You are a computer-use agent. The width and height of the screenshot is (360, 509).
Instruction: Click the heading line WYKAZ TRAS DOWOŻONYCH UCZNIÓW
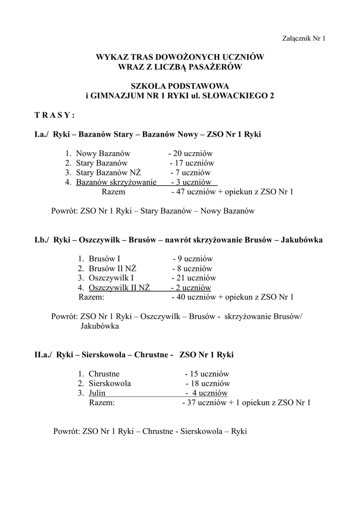[x=180, y=57]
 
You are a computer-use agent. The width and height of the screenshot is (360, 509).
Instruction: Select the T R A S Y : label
[x=55, y=115]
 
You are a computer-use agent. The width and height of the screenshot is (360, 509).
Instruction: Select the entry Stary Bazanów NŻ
[x=108, y=172]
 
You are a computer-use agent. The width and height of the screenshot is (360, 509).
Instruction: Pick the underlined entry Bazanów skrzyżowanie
[x=116, y=182]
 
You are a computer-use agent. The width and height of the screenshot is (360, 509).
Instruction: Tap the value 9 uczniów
[x=196, y=259]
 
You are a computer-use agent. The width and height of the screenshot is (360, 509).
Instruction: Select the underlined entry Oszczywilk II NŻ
[x=119, y=288]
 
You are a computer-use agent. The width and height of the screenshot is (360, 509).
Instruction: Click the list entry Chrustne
[x=104, y=374]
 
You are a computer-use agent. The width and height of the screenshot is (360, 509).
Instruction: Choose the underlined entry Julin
[x=97, y=393]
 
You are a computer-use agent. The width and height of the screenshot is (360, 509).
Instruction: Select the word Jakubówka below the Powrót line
[x=99, y=327]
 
